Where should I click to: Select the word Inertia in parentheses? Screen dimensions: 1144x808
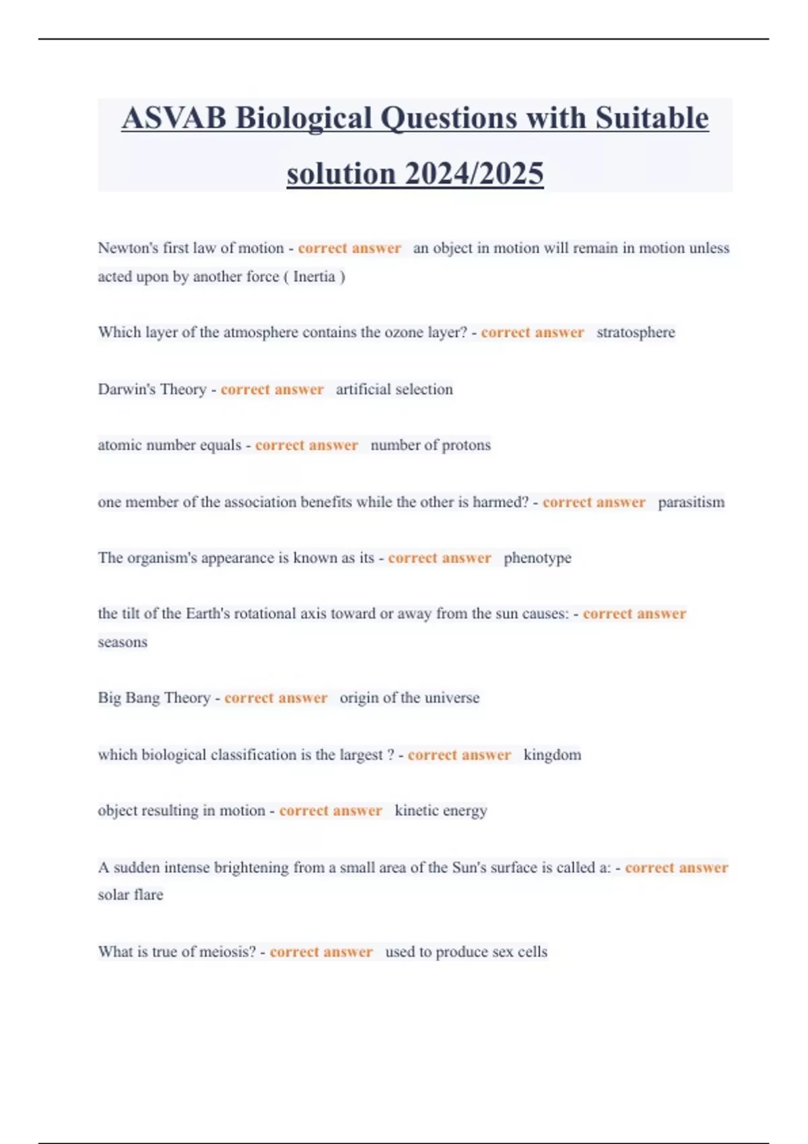[x=314, y=277]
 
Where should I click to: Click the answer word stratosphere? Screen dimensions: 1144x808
[x=636, y=332]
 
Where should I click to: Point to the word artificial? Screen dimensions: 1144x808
[x=362, y=389]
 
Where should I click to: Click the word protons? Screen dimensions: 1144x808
[x=467, y=445]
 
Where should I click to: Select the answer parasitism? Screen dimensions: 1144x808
[x=691, y=502]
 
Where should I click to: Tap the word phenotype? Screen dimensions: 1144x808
[x=537, y=558]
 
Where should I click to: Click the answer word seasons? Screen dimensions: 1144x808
[x=123, y=642]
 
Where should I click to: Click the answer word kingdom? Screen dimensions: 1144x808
[x=552, y=755]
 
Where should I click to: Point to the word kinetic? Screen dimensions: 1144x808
[x=417, y=811]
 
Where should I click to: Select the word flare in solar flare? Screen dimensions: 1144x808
[x=149, y=895]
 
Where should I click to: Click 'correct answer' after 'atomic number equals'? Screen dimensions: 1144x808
[x=306, y=445]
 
